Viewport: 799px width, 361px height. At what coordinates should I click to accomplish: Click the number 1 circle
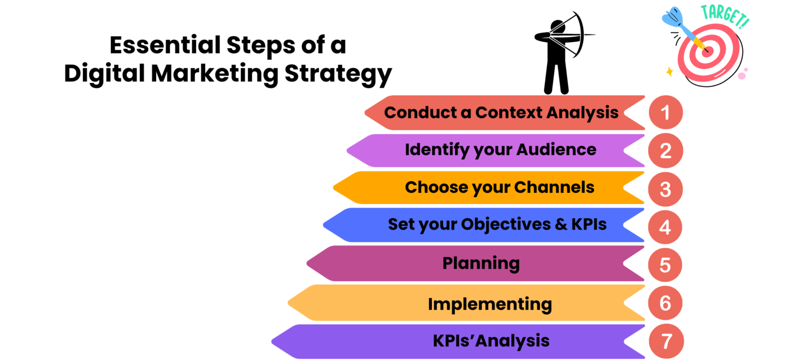[665, 112]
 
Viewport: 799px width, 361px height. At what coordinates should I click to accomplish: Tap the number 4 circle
[665, 227]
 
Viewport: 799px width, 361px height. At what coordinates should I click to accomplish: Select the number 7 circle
[665, 342]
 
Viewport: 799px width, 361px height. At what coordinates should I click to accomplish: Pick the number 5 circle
[665, 265]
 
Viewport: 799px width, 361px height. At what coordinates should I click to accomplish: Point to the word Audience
[556, 150]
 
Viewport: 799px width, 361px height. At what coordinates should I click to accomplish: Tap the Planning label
[481, 263]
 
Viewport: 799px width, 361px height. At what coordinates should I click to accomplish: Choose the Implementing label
[489, 304]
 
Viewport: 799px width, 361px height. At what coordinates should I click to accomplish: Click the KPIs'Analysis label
[491, 341]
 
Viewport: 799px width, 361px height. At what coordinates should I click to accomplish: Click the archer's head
[557, 26]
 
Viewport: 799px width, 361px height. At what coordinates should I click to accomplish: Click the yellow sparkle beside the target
[669, 72]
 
